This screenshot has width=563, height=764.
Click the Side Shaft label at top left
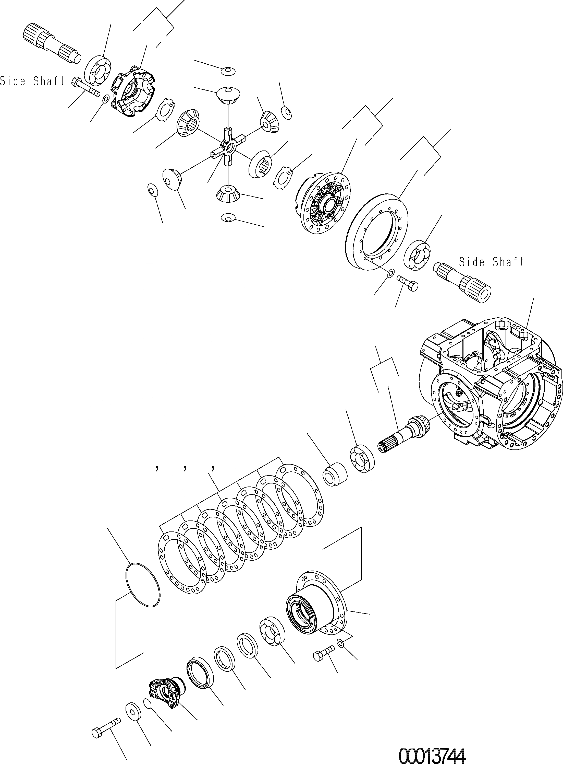[32, 81]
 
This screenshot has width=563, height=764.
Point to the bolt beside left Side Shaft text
[85, 87]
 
